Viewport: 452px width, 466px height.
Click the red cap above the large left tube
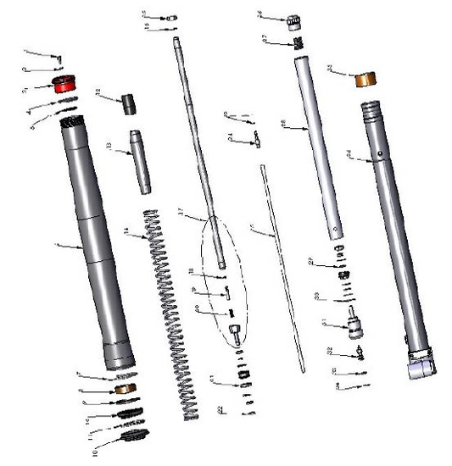coord(64,84)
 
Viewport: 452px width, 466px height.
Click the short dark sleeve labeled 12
coord(127,104)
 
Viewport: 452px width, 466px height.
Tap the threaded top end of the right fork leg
coord(372,111)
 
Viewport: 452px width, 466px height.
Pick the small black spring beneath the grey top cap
coord(299,42)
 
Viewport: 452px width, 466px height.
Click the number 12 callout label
coord(98,92)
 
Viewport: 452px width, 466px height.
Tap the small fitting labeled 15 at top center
coord(168,15)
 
